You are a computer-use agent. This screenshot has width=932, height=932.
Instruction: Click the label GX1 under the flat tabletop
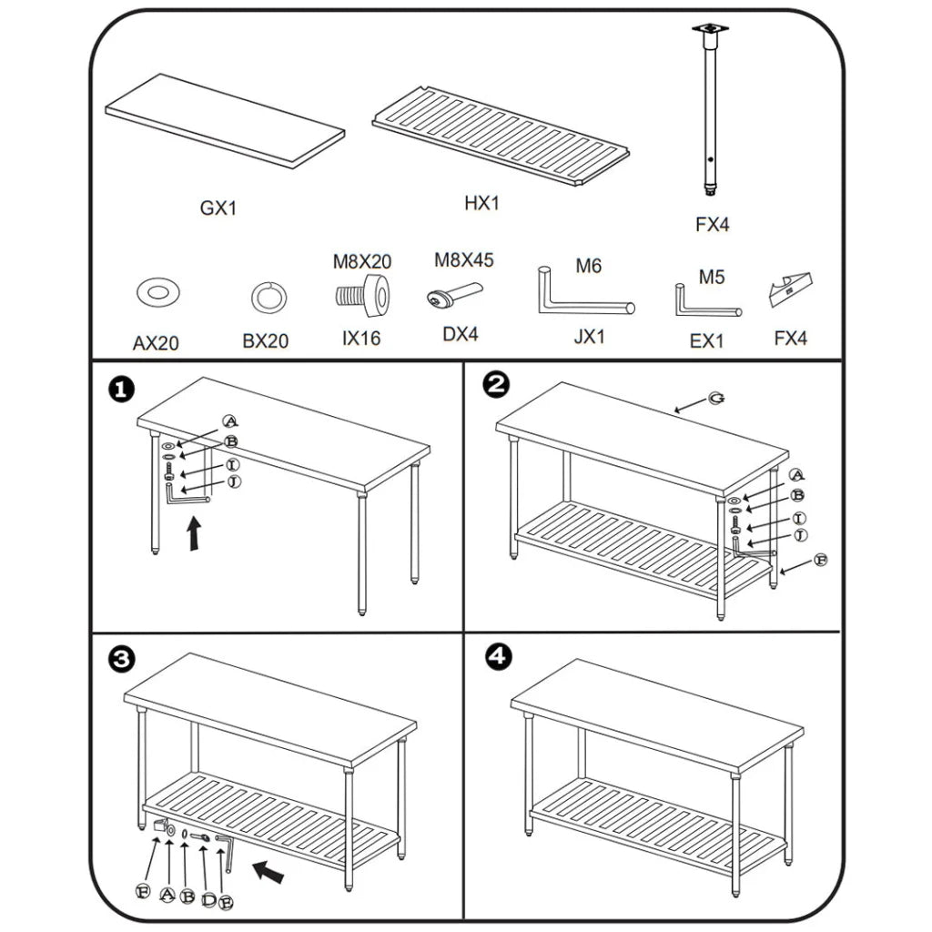[x=218, y=208]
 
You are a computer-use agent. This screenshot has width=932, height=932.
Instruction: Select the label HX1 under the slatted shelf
[x=481, y=203]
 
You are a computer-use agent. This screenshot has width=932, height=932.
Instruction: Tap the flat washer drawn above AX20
[x=157, y=292]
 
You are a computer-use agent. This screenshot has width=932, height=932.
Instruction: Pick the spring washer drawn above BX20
[x=268, y=297]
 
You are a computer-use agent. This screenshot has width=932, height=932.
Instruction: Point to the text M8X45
[x=463, y=260]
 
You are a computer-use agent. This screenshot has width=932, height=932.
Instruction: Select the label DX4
[x=460, y=334]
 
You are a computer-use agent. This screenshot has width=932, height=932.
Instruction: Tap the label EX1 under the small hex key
[x=706, y=341]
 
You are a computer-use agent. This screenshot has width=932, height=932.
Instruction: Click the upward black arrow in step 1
[x=194, y=533]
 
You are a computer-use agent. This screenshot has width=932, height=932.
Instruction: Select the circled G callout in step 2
[x=717, y=400]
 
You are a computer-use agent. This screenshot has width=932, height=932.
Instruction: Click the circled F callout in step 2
[x=819, y=560]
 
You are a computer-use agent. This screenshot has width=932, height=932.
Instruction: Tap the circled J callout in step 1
[x=233, y=481]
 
